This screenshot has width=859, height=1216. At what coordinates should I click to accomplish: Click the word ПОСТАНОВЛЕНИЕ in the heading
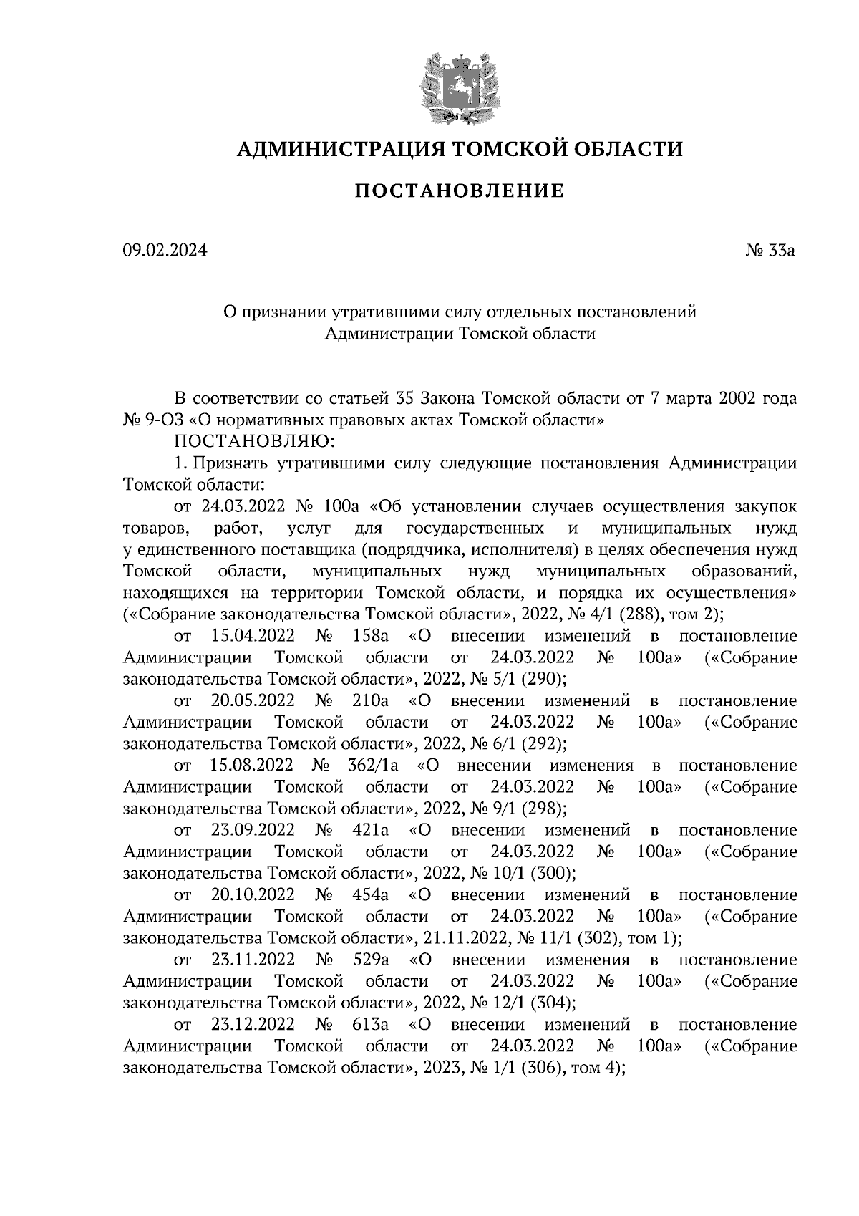(x=460, y=191)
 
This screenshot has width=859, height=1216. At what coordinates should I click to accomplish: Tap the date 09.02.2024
(x=164, y=251)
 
